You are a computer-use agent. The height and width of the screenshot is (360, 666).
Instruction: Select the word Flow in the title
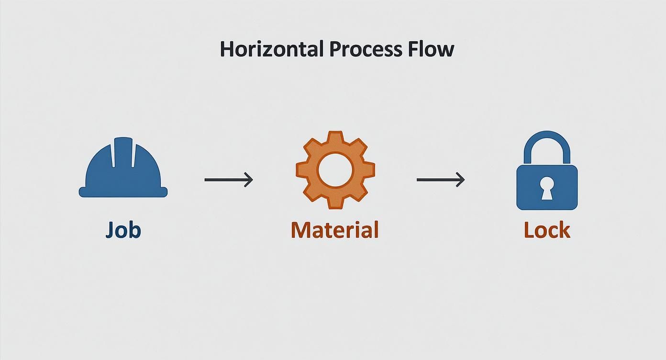click(433, 49)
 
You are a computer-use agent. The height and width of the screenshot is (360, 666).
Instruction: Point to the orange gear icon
click(335, 169)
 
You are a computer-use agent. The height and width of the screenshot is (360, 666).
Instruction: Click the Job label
click(123, 230)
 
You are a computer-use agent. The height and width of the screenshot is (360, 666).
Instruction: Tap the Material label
click(334, 230)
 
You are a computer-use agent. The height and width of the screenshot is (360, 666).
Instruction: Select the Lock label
click(547, 230)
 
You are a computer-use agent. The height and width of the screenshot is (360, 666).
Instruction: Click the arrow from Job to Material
click(228, 180)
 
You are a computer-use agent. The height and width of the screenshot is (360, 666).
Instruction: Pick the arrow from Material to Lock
click(440, 180)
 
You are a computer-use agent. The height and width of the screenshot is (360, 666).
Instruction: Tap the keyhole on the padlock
click(547, 187)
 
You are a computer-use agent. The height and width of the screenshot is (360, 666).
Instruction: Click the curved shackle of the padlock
click(547, 141)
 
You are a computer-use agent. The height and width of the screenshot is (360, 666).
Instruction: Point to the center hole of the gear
click(335, 169)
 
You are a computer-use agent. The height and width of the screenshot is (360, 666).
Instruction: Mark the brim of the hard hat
click(123, 192)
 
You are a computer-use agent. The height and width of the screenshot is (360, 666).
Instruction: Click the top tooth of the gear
click(335, 137)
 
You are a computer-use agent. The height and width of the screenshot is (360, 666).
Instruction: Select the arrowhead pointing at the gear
click(249, 180)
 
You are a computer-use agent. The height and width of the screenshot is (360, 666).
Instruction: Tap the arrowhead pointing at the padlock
click(461, 180)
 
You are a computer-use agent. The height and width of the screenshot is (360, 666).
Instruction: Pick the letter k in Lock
click(564, 230)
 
